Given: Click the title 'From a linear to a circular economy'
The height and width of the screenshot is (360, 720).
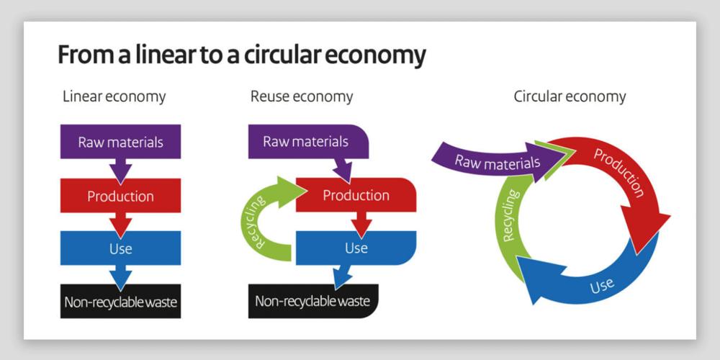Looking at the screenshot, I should (241, 55).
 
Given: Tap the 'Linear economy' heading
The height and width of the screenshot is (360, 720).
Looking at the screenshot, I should (114, 96).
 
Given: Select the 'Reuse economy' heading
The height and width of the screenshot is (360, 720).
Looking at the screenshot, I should (302, 96).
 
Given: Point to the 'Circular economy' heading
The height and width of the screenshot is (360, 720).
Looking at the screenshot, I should (570, 96).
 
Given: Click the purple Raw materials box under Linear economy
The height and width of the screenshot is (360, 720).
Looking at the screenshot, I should (120, 142).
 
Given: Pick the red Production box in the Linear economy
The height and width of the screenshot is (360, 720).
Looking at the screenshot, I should (120, 196).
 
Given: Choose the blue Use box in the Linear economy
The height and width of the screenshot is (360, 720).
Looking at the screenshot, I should (120, 248).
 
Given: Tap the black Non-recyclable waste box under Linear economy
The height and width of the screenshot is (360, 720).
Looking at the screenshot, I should (120, 302).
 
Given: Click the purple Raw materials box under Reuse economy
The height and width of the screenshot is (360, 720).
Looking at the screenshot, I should (305, 141).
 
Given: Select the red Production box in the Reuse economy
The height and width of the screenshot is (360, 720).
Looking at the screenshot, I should (356, 195).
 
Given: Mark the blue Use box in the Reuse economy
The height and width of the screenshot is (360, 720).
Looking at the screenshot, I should (356, 248).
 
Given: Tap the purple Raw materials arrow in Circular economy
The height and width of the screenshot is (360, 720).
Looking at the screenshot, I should (497, 161).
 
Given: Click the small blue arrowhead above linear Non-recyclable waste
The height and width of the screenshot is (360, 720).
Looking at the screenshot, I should (120, 276).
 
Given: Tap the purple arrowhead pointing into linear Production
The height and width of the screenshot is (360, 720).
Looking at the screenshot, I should (120, 171).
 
